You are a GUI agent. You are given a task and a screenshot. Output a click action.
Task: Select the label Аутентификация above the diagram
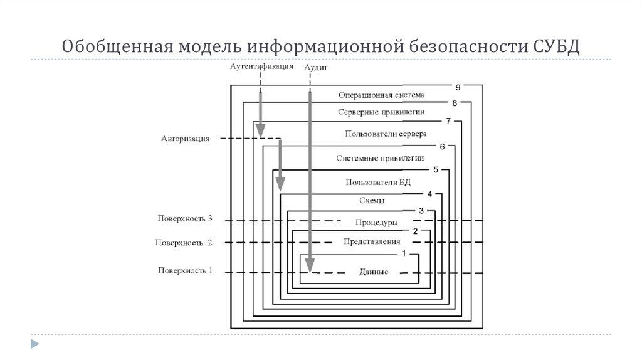click(261, 66)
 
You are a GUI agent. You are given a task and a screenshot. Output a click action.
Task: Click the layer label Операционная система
click(381, 95)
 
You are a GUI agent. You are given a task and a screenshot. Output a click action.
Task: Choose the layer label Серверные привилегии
click(381, 112)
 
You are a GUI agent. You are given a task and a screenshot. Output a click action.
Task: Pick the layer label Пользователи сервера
click(386, 134)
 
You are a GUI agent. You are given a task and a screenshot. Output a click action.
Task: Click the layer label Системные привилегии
click(380, 158)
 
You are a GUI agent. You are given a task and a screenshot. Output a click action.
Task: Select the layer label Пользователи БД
click(378, 182)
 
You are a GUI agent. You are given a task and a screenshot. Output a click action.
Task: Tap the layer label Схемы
click(372, 201)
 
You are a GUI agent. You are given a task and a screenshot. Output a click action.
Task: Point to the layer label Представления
click(372, 241)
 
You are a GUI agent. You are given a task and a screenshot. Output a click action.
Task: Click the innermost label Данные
click(374, 272)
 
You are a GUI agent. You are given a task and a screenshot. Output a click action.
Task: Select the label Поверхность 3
click(185, 219)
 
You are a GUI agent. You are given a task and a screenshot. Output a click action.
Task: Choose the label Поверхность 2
click(185, 242)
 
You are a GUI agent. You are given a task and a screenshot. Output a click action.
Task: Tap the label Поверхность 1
click(185, 271)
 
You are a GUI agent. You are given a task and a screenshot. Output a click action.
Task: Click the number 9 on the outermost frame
click(458, 87)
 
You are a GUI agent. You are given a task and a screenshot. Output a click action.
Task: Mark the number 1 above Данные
click(404, 253)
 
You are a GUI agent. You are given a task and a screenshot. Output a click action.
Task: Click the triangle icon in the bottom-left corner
click(34, 344)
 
